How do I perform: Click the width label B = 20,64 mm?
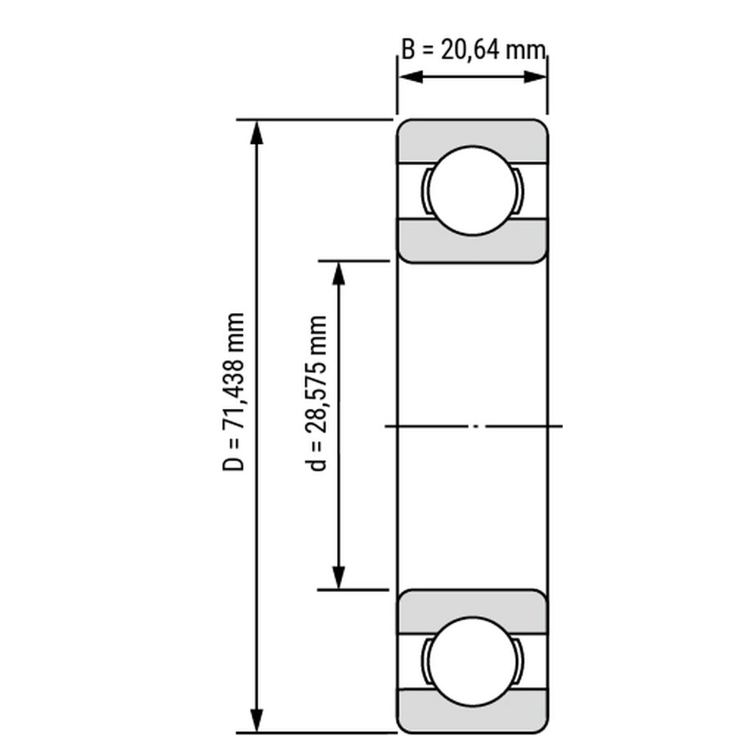(474, 49)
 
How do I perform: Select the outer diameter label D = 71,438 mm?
(234, 392)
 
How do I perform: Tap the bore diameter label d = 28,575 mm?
(316, 393)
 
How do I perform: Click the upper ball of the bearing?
(473, 191)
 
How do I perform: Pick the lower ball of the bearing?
(473, 662)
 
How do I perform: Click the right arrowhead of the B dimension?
(535, 77)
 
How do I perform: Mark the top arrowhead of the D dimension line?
(256, 132)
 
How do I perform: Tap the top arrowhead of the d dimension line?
(339, 273)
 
